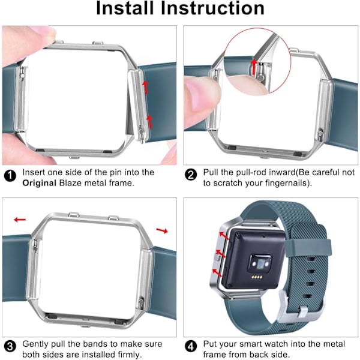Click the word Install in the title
(125, 8)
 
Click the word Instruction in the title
(212, 8)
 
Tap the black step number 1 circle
(10, 176)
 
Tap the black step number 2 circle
(191, 175)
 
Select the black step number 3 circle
(10, 347)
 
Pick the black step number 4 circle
(191, 347)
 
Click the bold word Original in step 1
(39, 183)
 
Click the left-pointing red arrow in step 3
(20, 220)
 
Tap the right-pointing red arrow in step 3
(162, 230)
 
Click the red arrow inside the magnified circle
(254, 67)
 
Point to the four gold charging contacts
(257, 277)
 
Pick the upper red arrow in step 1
(145, 87)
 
